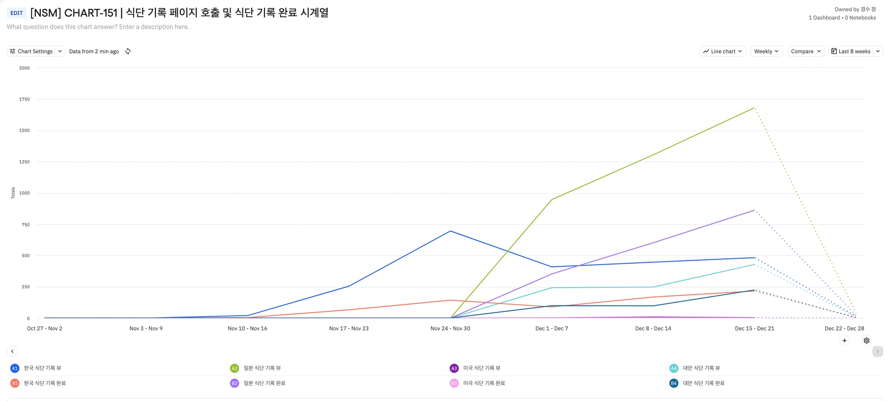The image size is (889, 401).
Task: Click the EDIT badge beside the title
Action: click(16, 13)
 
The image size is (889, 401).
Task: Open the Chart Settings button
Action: click(31, 51)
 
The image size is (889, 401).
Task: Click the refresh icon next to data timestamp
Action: click(128, 51)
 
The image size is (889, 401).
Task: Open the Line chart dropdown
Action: click(723, 51)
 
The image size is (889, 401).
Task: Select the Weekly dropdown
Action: click(766, 51)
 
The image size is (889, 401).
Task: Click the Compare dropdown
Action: click(806, 51)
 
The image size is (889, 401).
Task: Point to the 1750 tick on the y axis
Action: click(24, 99)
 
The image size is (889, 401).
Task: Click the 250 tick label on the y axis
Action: click(25, 287)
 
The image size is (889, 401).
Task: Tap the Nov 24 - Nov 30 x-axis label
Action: click(450, 328)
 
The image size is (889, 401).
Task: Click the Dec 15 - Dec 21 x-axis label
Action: click(754, 328)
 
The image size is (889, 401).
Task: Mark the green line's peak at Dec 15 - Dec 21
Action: click(754, 108)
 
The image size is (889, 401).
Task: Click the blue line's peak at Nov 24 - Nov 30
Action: click(450, 231)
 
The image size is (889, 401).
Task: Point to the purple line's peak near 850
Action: click(754, 210)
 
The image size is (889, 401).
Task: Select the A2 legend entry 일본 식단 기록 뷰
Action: click(262, 368)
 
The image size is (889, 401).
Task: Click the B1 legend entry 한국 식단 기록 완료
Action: click(44, 383)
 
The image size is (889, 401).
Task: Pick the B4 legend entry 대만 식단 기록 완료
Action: click(703, 383)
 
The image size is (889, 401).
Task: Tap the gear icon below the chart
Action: click(866, 341)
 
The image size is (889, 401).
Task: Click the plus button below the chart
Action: click(844, 341)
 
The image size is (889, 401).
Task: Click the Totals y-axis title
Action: click(13, 193)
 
